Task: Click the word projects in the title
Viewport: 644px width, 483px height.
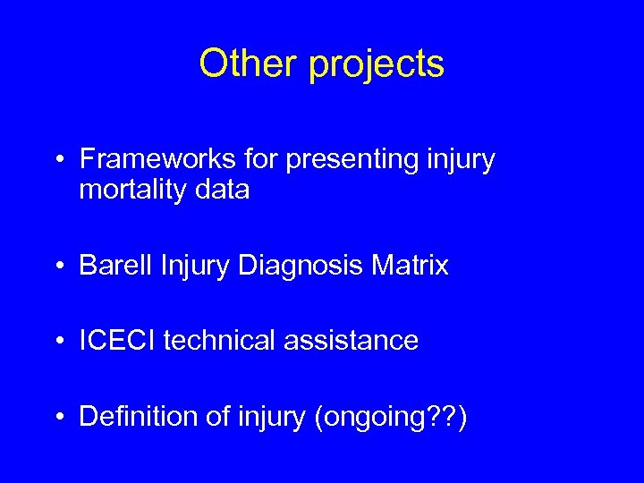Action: click(377, 65)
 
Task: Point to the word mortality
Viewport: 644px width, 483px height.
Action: click(131, 191)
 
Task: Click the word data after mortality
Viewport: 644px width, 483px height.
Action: click(220, 190)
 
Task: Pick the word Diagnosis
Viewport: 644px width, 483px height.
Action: click(309, 267)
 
